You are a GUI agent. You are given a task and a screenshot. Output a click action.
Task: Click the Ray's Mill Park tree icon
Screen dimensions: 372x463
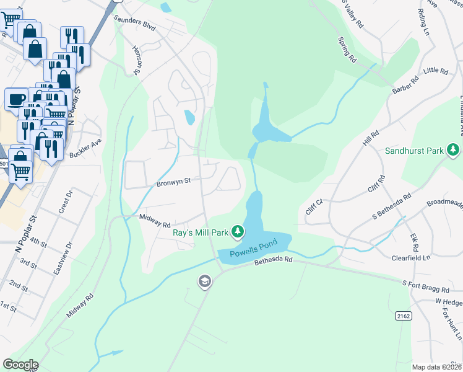[236, 232]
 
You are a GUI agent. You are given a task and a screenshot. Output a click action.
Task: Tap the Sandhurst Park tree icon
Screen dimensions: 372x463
[453, 150]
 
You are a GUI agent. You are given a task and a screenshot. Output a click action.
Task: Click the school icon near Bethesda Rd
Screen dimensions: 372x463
[204, 283]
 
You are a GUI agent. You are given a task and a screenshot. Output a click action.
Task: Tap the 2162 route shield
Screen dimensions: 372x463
[403, 316]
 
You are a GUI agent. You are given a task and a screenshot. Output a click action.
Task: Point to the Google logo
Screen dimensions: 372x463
[20, 365]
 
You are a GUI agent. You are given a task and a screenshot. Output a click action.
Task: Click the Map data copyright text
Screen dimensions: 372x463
[437, 367]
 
